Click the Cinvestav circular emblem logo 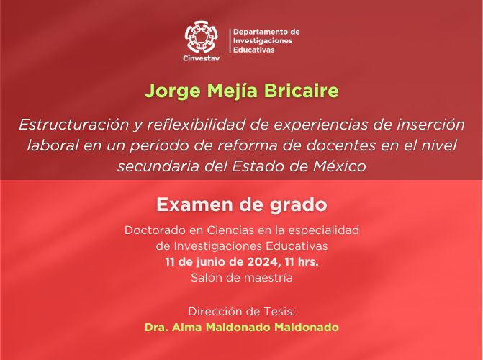point(202,37)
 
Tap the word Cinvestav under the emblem point(201,58)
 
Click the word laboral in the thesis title point(53,145)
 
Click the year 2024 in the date point(263,261)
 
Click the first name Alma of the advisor point(187,327)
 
